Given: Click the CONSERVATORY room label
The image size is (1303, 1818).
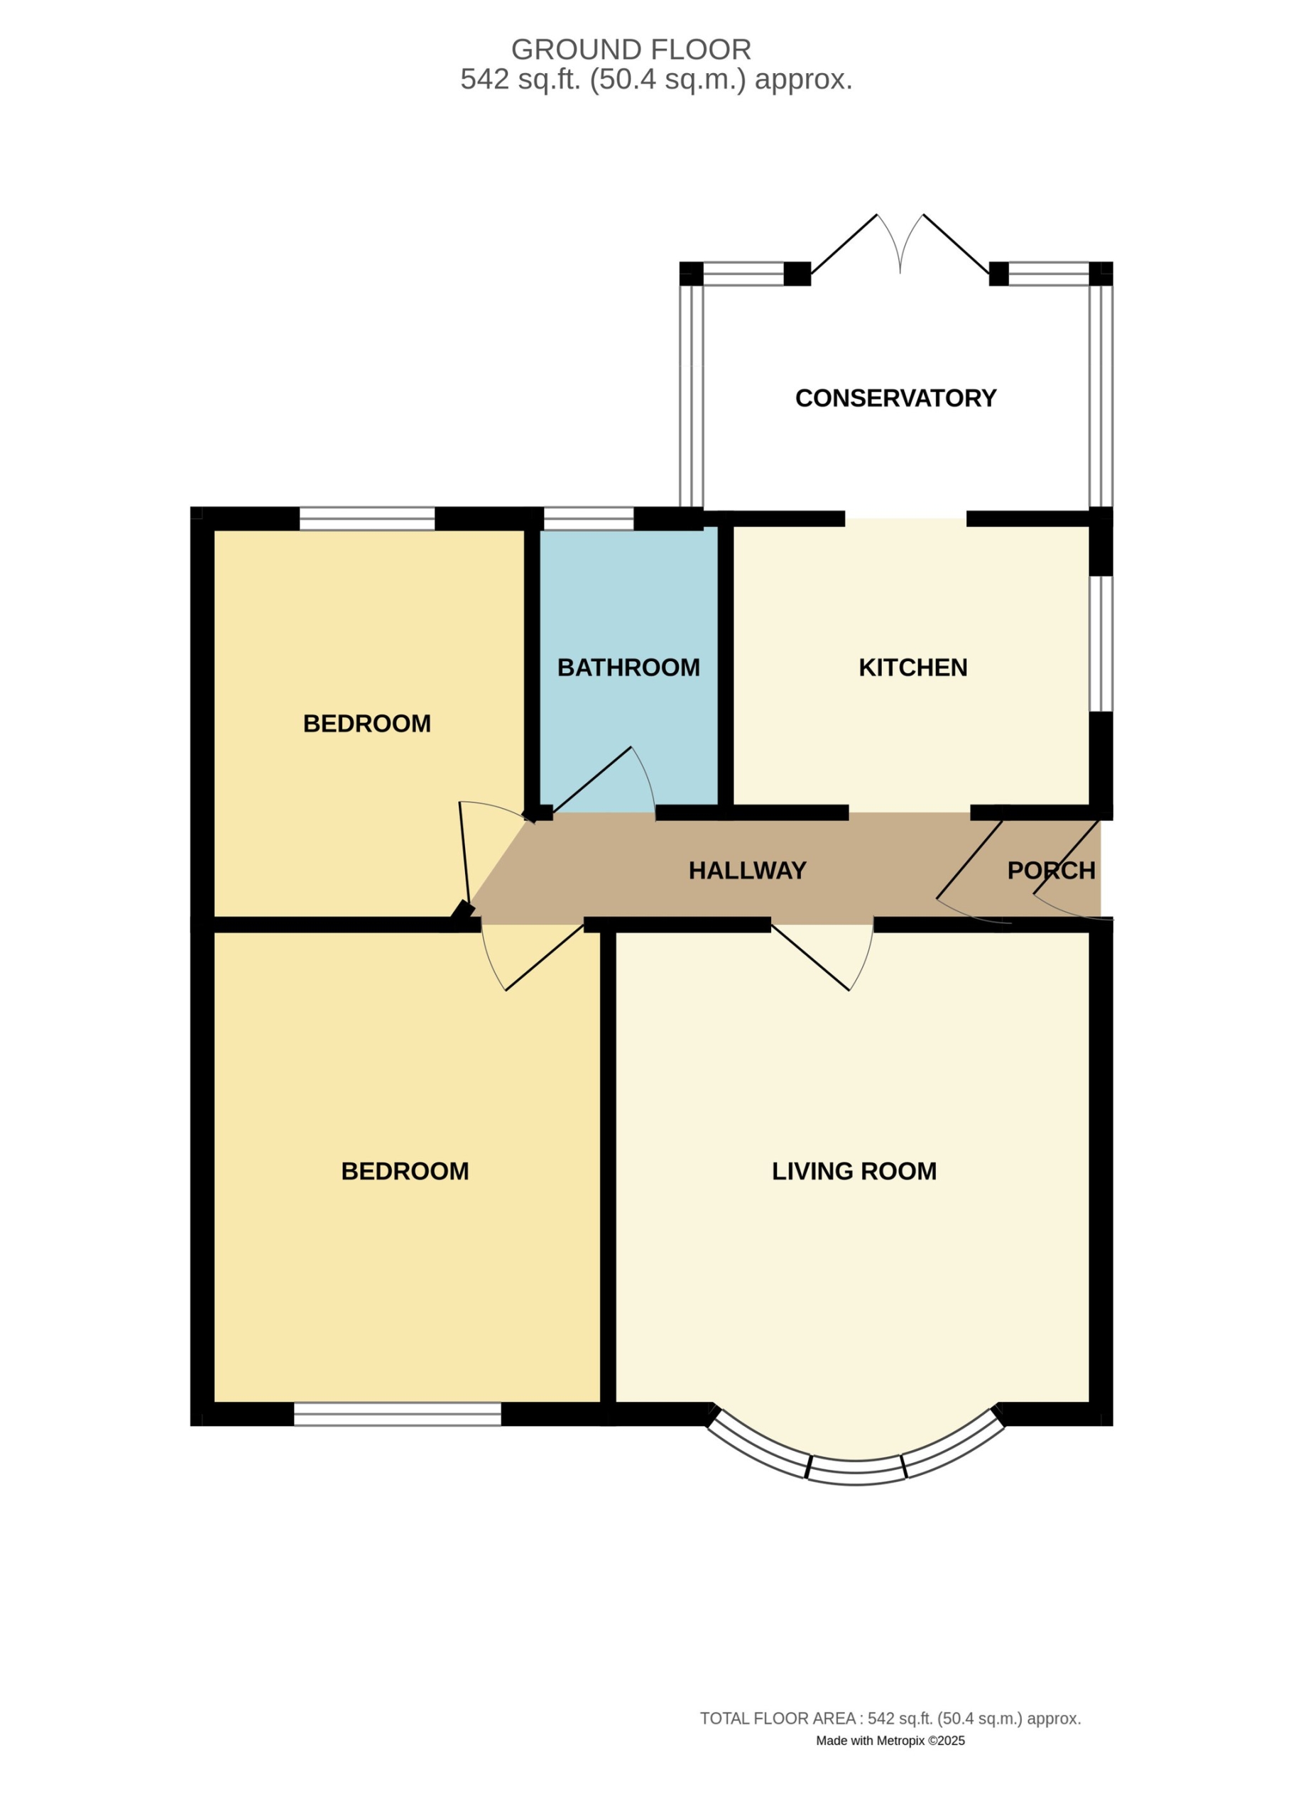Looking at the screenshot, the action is click(895, 398).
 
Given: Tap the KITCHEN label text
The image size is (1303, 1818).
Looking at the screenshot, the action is click(912, 668).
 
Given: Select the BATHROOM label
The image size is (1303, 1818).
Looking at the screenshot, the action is click(628, 668).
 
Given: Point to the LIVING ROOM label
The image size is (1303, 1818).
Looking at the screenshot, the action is click(854, 1171).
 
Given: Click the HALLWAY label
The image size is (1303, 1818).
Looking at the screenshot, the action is click(748, 871).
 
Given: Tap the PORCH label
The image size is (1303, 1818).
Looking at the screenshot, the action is click(1051, 871).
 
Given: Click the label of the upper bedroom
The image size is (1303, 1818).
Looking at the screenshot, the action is click(367, 724).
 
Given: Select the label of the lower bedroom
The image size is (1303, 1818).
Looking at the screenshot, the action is click(405, 1171).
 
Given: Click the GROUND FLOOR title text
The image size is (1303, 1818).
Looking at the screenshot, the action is click(631, 50).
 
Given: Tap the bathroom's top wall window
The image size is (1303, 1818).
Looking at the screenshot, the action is click(588, 518).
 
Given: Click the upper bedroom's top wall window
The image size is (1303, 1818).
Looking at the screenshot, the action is click(367, 518).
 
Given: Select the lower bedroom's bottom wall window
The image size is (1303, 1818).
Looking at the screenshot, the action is click(398, 1414).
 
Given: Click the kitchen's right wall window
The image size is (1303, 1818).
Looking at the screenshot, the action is click(1101, 643).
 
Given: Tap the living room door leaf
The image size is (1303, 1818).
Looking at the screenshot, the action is click(810, 957).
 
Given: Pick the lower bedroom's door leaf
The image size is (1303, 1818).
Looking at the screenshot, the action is click(544, 957).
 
